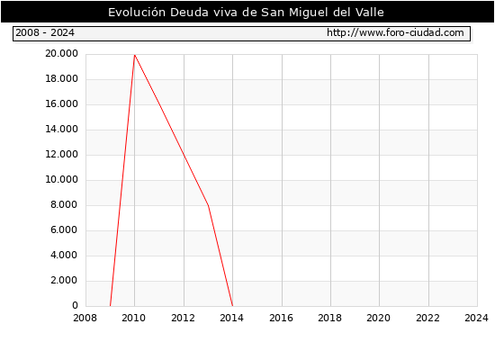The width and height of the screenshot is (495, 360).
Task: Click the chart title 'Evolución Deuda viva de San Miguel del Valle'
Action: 246,13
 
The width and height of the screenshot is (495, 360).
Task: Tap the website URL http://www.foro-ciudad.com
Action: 395,32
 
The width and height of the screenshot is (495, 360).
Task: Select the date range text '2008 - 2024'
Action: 45,32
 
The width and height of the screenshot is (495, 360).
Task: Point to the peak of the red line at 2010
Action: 135,55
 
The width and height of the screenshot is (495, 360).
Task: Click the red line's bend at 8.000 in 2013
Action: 209,205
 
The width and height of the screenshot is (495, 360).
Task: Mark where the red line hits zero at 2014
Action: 233,306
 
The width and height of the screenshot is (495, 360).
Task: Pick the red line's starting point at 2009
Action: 110,306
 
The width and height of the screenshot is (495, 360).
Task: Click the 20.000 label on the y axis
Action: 61,54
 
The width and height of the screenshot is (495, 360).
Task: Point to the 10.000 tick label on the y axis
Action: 61,180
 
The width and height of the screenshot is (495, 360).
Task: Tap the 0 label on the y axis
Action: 75,305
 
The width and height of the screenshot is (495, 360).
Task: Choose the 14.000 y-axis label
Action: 61,130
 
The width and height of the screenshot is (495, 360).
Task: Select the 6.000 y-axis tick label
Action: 64,229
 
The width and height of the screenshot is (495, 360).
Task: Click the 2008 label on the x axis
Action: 85,318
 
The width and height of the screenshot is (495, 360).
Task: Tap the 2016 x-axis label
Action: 282,318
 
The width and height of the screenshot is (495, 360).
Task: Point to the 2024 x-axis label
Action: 476,318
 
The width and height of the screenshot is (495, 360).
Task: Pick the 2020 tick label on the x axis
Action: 379,318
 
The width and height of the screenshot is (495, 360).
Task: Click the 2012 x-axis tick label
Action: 183,318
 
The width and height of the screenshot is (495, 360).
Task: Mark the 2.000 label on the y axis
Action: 64,281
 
